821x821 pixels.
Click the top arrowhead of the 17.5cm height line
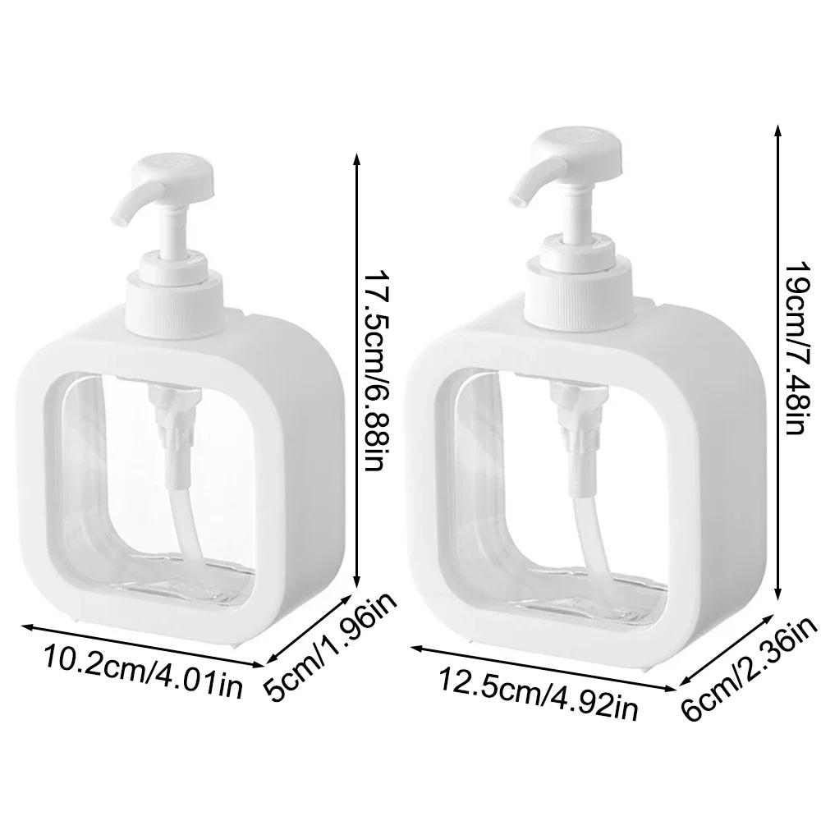357,156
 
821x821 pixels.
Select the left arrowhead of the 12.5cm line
415,649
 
